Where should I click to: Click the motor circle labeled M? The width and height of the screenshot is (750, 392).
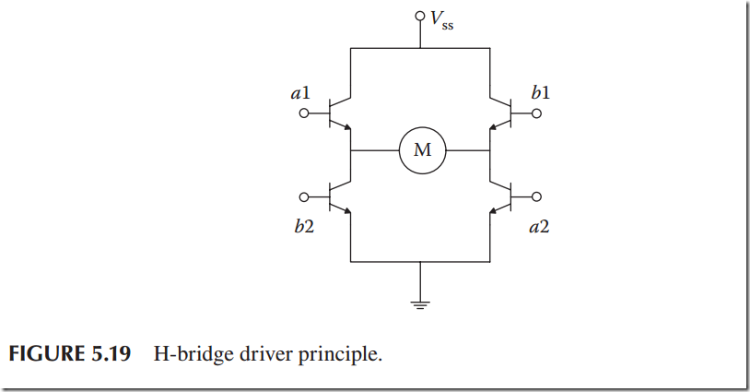pyautogui.click(x=422, y=150)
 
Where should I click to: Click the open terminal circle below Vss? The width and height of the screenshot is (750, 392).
pyautogui.click(x=420, y=17)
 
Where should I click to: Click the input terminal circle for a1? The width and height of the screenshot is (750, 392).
pyautogui.click(x=305, y=114)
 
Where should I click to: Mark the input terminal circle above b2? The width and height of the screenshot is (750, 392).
pyautogui.click(x=305, y=196)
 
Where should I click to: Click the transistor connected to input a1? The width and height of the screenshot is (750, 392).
pyautogui.click(x=341, y=114)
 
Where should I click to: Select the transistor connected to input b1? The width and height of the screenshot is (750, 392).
pyautogui.click(x=501, y=114)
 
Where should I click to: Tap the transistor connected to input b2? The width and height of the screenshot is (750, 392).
pyautogui.click(x=341, y=196)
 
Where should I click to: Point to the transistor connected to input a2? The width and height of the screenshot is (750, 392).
pyautogui.click(x=501, y=196)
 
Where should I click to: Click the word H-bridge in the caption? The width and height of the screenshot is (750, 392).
pyautogui.click(x=206, y=355)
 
